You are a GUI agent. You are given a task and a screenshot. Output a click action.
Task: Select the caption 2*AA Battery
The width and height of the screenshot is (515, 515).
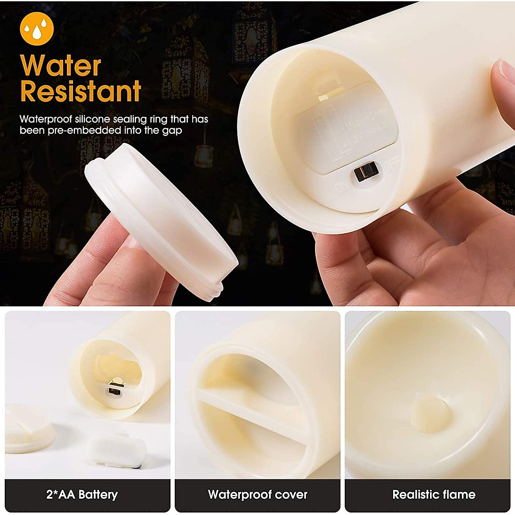[82, 494]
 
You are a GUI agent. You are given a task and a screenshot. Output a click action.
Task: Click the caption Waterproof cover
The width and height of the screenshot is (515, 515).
[257, 494]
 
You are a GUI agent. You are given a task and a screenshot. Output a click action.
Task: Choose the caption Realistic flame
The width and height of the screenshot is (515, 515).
[433, 494]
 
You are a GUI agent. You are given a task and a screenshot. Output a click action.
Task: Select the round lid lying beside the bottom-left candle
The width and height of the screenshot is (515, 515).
[29, 428]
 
